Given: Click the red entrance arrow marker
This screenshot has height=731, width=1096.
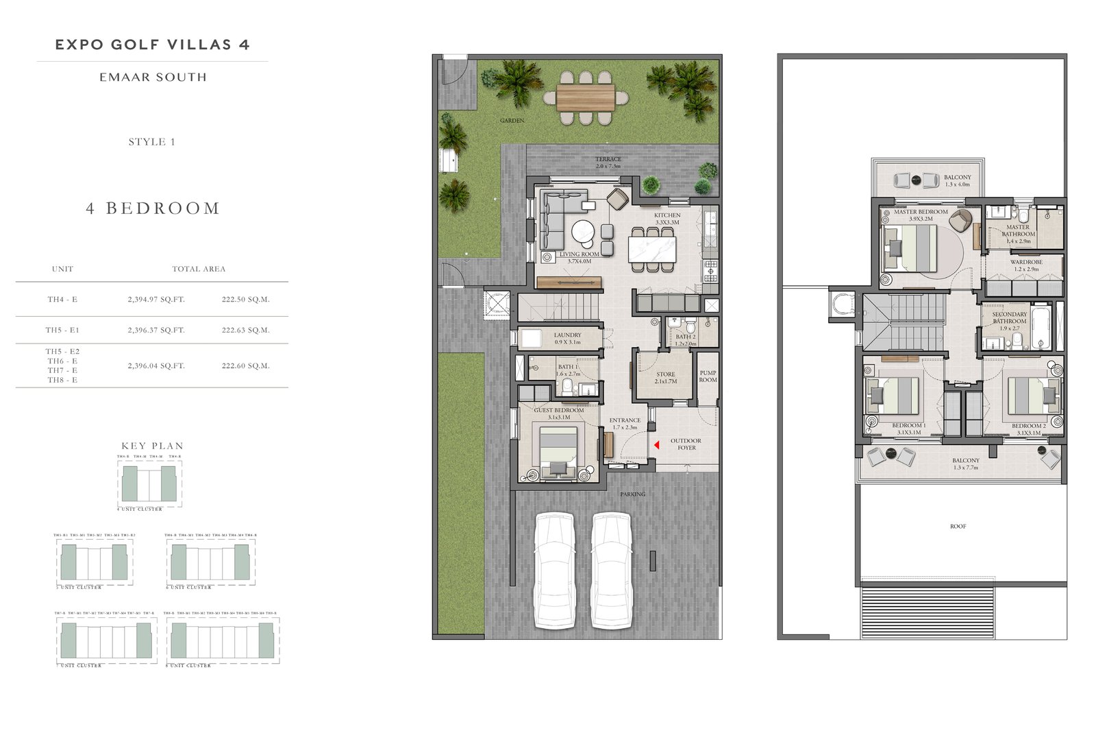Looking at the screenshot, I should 656,445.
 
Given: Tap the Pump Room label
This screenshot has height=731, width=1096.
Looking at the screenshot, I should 708,376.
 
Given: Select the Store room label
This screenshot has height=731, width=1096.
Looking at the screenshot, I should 665,378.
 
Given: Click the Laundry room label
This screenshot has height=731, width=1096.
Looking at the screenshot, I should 567,338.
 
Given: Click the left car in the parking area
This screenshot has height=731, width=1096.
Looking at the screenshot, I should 554,570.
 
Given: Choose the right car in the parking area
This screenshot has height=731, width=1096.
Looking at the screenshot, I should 610,570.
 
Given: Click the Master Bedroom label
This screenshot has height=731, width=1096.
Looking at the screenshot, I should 921,215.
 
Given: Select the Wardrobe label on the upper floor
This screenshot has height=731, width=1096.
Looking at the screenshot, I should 1026,265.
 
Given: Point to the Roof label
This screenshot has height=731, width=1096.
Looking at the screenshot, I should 958,527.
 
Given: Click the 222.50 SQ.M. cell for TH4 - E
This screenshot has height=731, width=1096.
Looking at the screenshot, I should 246,300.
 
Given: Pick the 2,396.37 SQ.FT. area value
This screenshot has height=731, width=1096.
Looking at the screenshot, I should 156,331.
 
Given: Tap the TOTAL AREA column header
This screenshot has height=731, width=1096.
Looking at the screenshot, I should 199,269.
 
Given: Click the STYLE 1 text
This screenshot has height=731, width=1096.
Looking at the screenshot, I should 152,142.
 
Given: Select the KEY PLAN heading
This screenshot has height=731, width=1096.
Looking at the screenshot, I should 152,446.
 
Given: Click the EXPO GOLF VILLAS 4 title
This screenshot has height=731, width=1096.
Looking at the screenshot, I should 152,45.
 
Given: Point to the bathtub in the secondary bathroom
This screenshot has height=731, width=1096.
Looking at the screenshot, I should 1040,328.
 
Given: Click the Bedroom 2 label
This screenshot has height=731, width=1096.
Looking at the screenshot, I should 1028,429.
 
